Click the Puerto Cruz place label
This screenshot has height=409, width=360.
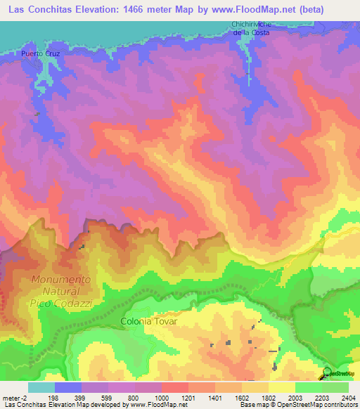pos(39,53)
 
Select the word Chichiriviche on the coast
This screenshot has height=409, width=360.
pos(252,25)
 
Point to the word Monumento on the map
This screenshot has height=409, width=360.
pos(61,280)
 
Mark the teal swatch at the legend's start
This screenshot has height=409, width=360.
pos(41,387)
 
